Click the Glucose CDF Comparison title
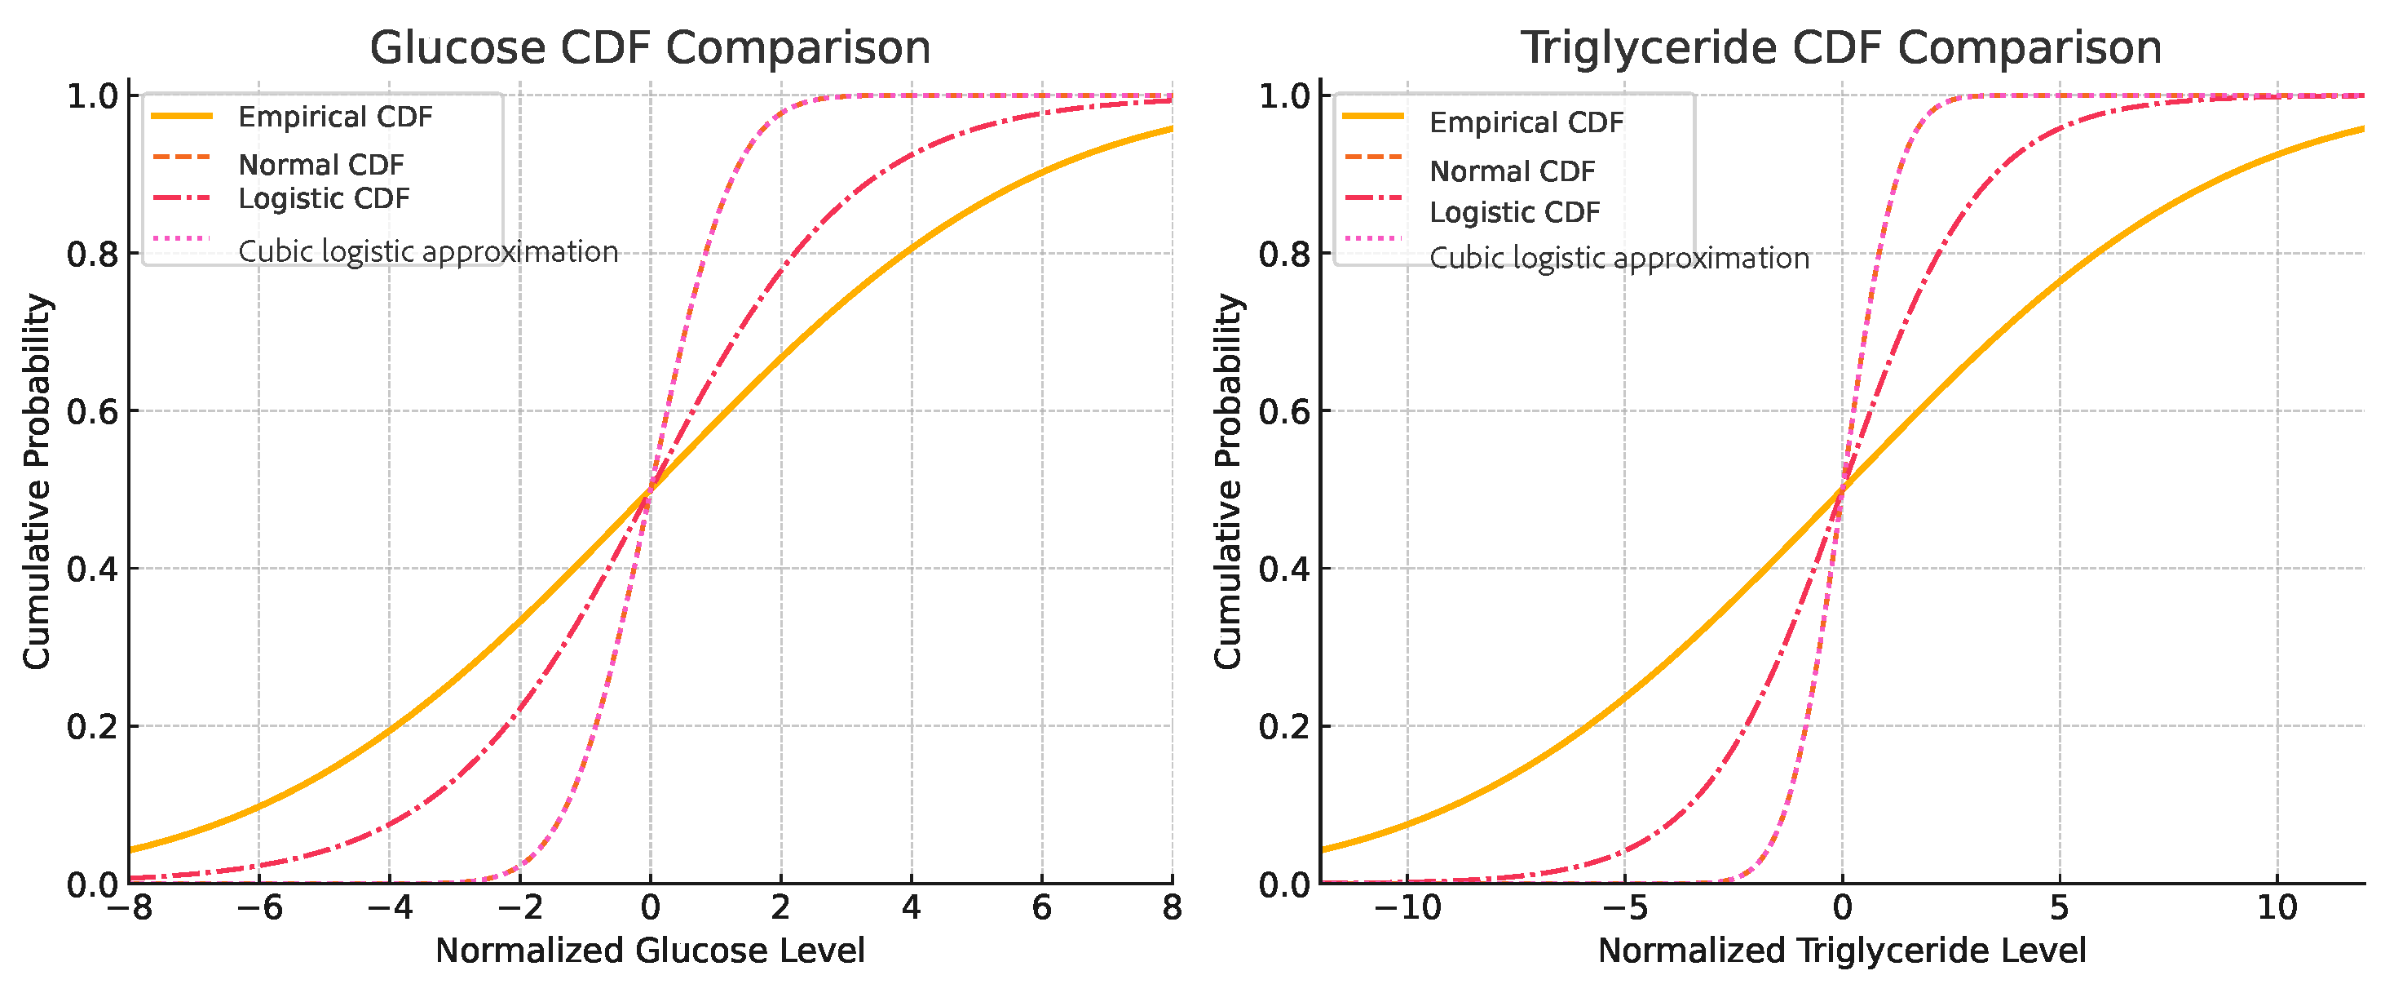(x=650, y=47)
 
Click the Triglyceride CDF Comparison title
(x=1841, y=47)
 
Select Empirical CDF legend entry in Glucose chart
(x=335, y=117)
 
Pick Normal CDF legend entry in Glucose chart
(x=321, y=165)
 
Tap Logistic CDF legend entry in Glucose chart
(x=324, y=198)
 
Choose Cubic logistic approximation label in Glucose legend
(x=428, y=251)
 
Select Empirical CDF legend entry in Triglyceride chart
(x=1526, y=122)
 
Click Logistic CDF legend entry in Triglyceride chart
(x=1515, y=212)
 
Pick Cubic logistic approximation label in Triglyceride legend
(x=1619, y=258)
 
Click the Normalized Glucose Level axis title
(x=650, y=951)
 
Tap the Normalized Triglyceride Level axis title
(x=1841, y=951)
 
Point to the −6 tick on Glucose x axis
(x=259, y=908)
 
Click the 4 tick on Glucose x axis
(x=911, y=908)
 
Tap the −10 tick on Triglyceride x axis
(x=1407, y=908)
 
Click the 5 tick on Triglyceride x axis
(x=2059, y=908)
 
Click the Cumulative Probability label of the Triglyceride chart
(x=1228, y=481)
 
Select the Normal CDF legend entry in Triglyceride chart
(x=1512, y=171)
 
